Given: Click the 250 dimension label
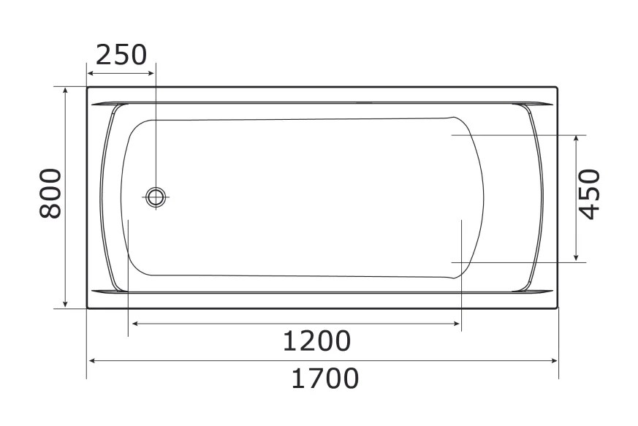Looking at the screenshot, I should (121, 55).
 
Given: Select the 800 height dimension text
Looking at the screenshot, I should (50, 193).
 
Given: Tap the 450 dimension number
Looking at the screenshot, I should (589, 193).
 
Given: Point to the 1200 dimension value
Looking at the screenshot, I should (316, 341).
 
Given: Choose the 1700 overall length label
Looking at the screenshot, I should (325, 379).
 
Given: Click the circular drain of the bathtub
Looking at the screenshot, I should (156, 196).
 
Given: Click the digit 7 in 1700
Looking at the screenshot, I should (311, 379).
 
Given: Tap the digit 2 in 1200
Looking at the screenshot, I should (303, 341).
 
